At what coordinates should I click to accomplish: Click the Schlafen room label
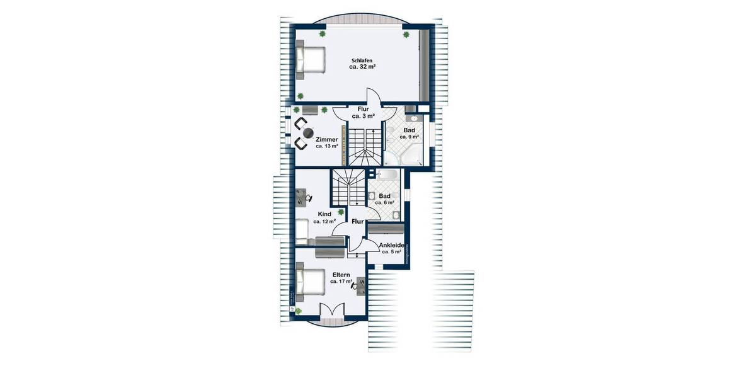coord(362,60)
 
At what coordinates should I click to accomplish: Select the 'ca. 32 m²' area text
coord(362,67)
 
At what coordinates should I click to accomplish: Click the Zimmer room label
coord(327,139)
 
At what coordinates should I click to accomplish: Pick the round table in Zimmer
coord(307,133)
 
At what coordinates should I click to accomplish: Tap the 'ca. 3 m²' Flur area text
coord(363,117)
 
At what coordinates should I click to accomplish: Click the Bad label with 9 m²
coord(409,130)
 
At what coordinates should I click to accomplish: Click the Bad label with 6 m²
coord(384,196)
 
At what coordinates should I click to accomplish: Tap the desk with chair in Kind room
coord(302,198)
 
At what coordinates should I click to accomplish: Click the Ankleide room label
coord(391,245)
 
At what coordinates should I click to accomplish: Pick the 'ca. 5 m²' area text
coord(391,252)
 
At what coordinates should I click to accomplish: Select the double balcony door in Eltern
coord(331,309)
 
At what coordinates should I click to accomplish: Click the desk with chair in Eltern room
coord(360,285)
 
